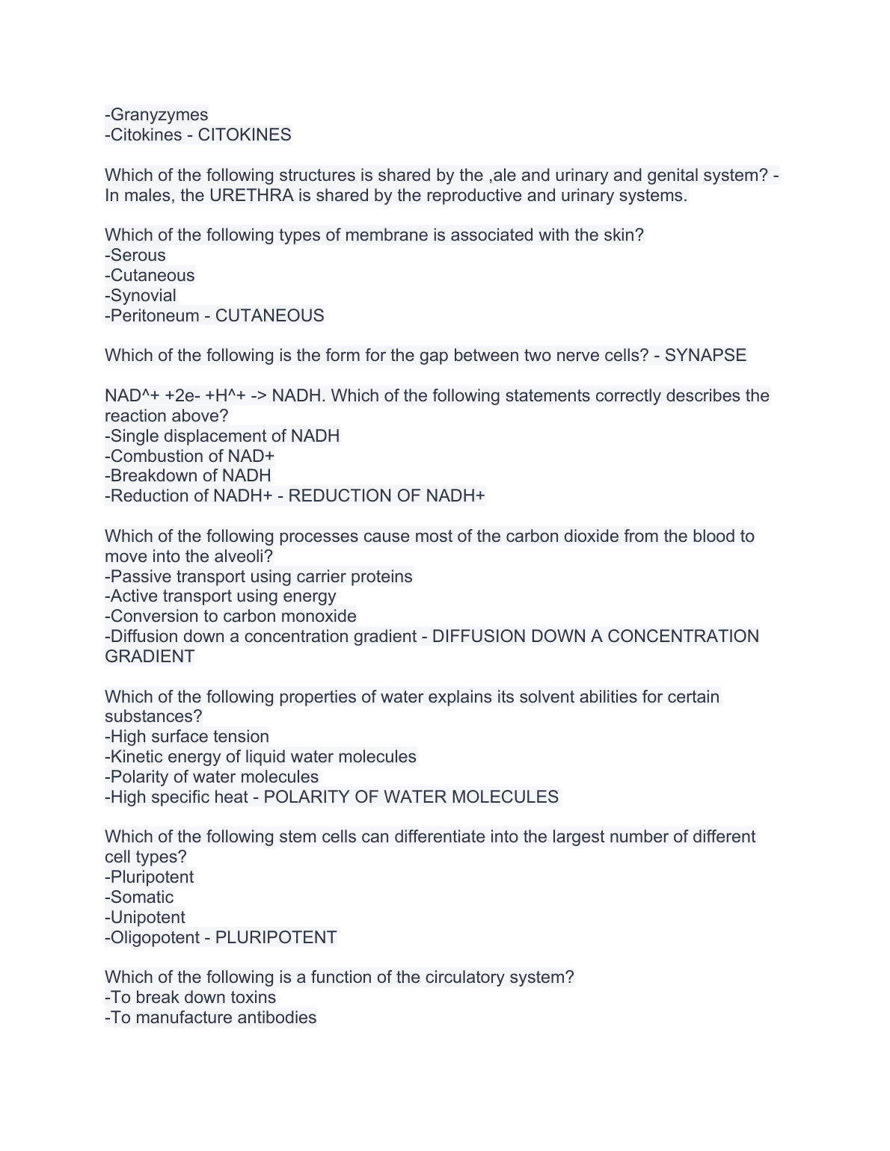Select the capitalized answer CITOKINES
[x=245, y=135]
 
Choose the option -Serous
[x=135, y=256]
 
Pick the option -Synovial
[x=141, y=296]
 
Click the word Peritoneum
[x=155, y=316]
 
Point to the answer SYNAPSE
[x=705, y=356]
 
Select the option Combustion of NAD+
[x=192, y=457]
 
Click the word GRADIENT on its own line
[x=150, y=657]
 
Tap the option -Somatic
[x=139, y=898]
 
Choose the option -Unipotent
[x=145, y=918]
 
